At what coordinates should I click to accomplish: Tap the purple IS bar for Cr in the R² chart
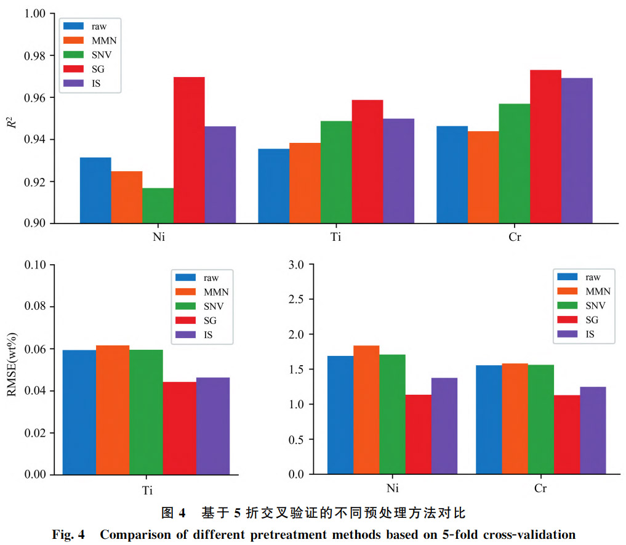pyautogui.click(x=576, y=150)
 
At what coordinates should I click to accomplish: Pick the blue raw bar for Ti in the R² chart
pyautogui.click(x=273, y=185)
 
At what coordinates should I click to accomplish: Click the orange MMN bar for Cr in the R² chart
pyautogui.click(x=483, y=177)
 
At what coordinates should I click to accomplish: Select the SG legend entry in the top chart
pyautogui.click(x=90, y=68)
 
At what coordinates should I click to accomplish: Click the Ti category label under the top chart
pyautogui.click(x=336, y=238)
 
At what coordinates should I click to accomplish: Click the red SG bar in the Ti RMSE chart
pyautogui.click(x=179, y=428)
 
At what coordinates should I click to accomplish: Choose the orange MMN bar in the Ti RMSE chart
pyautogui.click(x=112, y=410)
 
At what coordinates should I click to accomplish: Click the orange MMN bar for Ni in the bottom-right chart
pyautogui.click(x=366, y=410)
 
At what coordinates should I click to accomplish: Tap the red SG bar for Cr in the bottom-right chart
pyautogui.click(x=567, y=434)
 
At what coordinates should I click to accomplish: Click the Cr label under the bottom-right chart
pyautogui.click(x=540, y=489)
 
